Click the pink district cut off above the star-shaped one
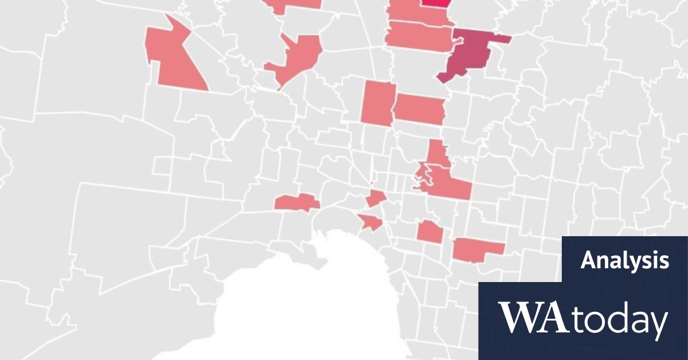tap(292, 5)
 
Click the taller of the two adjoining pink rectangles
tap(377, 102)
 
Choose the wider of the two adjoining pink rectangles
tap(420, 108)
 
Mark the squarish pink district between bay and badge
tap(429, 232)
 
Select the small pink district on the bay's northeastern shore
tap(370, 222)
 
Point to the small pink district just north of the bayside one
tap(377, 198)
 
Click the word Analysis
tap(624, 261)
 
